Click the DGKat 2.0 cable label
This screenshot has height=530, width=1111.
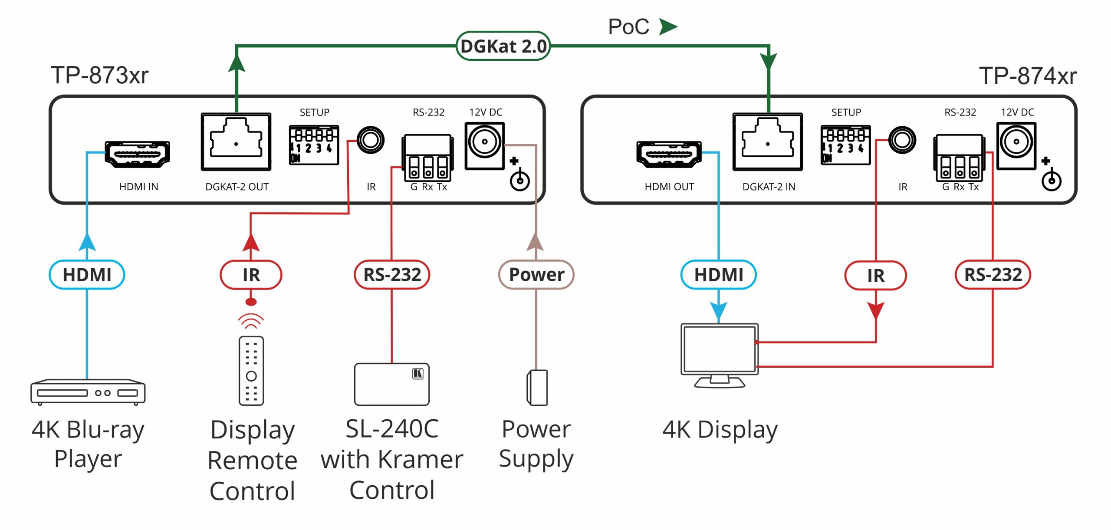click(x=503, y=46)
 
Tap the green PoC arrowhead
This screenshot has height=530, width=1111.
click(x=668, y=26)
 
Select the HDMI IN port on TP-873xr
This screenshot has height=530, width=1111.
click(x=137, y=154)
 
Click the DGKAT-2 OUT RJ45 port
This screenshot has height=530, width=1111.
click(x=236, y=142)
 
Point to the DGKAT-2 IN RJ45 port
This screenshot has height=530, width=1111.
click(x=768, y=142)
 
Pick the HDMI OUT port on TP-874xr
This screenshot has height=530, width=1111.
click(x=669, y=154)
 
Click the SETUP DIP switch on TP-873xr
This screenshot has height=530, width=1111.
click(x=314, y=145)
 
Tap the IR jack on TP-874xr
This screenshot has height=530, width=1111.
click(x=902, y=140)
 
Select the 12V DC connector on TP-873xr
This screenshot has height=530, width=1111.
click(x=485, y=146)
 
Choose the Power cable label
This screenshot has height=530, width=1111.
click(x=536, y=274)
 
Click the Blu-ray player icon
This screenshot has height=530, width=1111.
click(x=88, y=392)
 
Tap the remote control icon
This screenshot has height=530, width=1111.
click(x=251, y=371)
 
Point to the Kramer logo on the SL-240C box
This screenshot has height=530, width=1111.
click(x=417, y=374)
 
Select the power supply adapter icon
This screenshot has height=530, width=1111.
click(x=537, y=388)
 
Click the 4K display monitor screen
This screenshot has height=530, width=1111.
click(x=720, y=349)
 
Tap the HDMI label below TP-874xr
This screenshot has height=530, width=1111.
click(x=719, y=275)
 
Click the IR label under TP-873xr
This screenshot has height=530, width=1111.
click(x=251, y=275)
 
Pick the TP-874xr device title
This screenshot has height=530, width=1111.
click(x=1028, y=76)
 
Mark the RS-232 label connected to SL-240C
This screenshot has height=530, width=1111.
click(x=392, y=274)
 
